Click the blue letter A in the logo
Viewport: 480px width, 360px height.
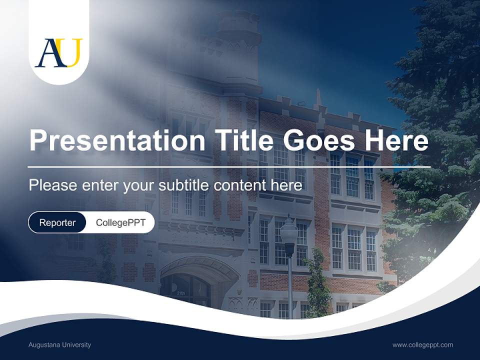coord(50,53)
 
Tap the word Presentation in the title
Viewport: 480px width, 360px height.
coord(117,140)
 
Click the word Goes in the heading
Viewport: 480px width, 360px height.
coord(316,140)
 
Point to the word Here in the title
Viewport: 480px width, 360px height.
coord(396,140)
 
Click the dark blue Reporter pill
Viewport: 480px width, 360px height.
coord(57,222)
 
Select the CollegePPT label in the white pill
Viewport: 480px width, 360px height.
coord(120,222)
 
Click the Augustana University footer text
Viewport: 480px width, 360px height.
coord(60,345)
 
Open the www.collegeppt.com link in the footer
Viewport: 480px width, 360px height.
coord(422,345)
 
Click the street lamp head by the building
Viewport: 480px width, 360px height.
coord(289,232)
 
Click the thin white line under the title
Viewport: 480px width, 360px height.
coord(229,167)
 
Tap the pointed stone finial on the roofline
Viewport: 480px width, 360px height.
coord(317,97)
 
